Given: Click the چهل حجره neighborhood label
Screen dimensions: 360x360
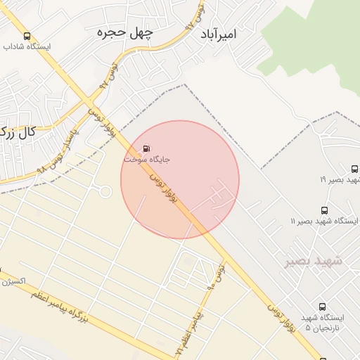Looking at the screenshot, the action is [x=124, y=32].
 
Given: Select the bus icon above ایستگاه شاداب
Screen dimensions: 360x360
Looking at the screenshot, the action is [x=27, y=36].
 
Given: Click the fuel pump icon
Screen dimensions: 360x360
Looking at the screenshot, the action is [x=146, y=148].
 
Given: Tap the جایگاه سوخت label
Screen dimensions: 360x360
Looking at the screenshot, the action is [x=147, y=160].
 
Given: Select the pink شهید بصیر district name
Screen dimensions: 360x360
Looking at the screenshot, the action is [x=314, y=261].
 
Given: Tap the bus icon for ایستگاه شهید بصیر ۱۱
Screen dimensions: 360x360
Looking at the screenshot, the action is [x=324, y=210].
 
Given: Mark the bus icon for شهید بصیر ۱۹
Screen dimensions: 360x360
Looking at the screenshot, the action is [x=354, y=169].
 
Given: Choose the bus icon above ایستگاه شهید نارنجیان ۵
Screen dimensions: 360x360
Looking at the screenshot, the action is [x=322, y=307].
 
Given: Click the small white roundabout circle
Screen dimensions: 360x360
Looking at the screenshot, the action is [x=105, y=191].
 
